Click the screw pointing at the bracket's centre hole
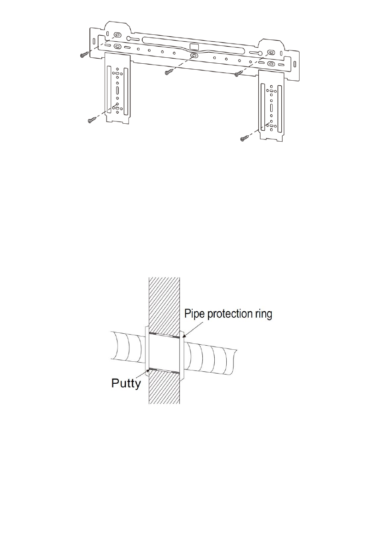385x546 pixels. pos(170,72)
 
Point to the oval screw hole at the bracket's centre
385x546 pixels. pos(194,55)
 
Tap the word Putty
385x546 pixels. pos(126,383)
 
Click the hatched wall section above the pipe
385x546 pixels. pos(164,303)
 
